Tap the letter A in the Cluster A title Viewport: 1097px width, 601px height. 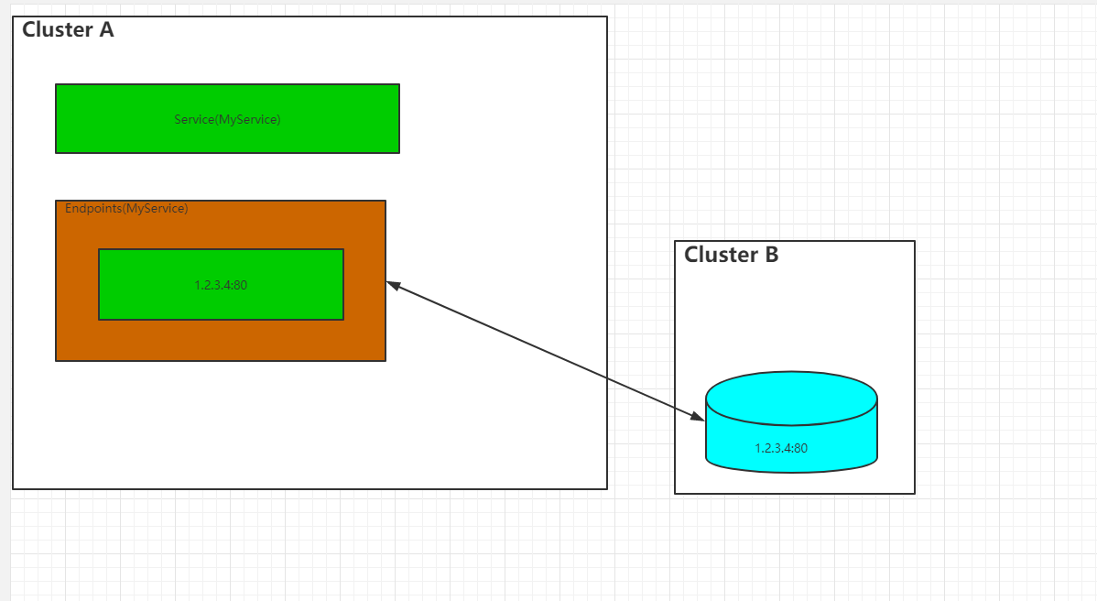105,29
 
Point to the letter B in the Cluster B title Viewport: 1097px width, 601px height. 771,255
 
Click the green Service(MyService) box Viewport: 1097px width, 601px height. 227,119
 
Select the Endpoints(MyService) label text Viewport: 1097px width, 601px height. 126,209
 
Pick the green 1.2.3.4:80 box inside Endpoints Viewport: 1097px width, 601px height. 221,285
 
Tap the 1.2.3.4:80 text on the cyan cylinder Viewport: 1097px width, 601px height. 781,448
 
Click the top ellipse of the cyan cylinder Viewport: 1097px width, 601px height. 791,398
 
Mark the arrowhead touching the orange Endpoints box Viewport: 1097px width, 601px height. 392,284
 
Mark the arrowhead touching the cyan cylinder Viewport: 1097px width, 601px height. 699,418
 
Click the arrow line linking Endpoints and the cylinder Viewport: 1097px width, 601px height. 545,351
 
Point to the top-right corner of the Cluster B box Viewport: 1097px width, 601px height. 915,241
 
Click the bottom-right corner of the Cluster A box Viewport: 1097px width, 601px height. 607,488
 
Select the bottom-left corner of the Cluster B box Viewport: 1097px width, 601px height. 675,494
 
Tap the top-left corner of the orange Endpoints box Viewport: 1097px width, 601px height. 56,201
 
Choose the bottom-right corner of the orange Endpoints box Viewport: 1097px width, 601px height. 386,361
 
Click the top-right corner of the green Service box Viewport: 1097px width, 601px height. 399,84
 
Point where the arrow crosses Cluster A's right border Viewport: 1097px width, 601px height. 607,377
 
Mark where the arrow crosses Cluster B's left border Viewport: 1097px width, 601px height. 675,408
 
